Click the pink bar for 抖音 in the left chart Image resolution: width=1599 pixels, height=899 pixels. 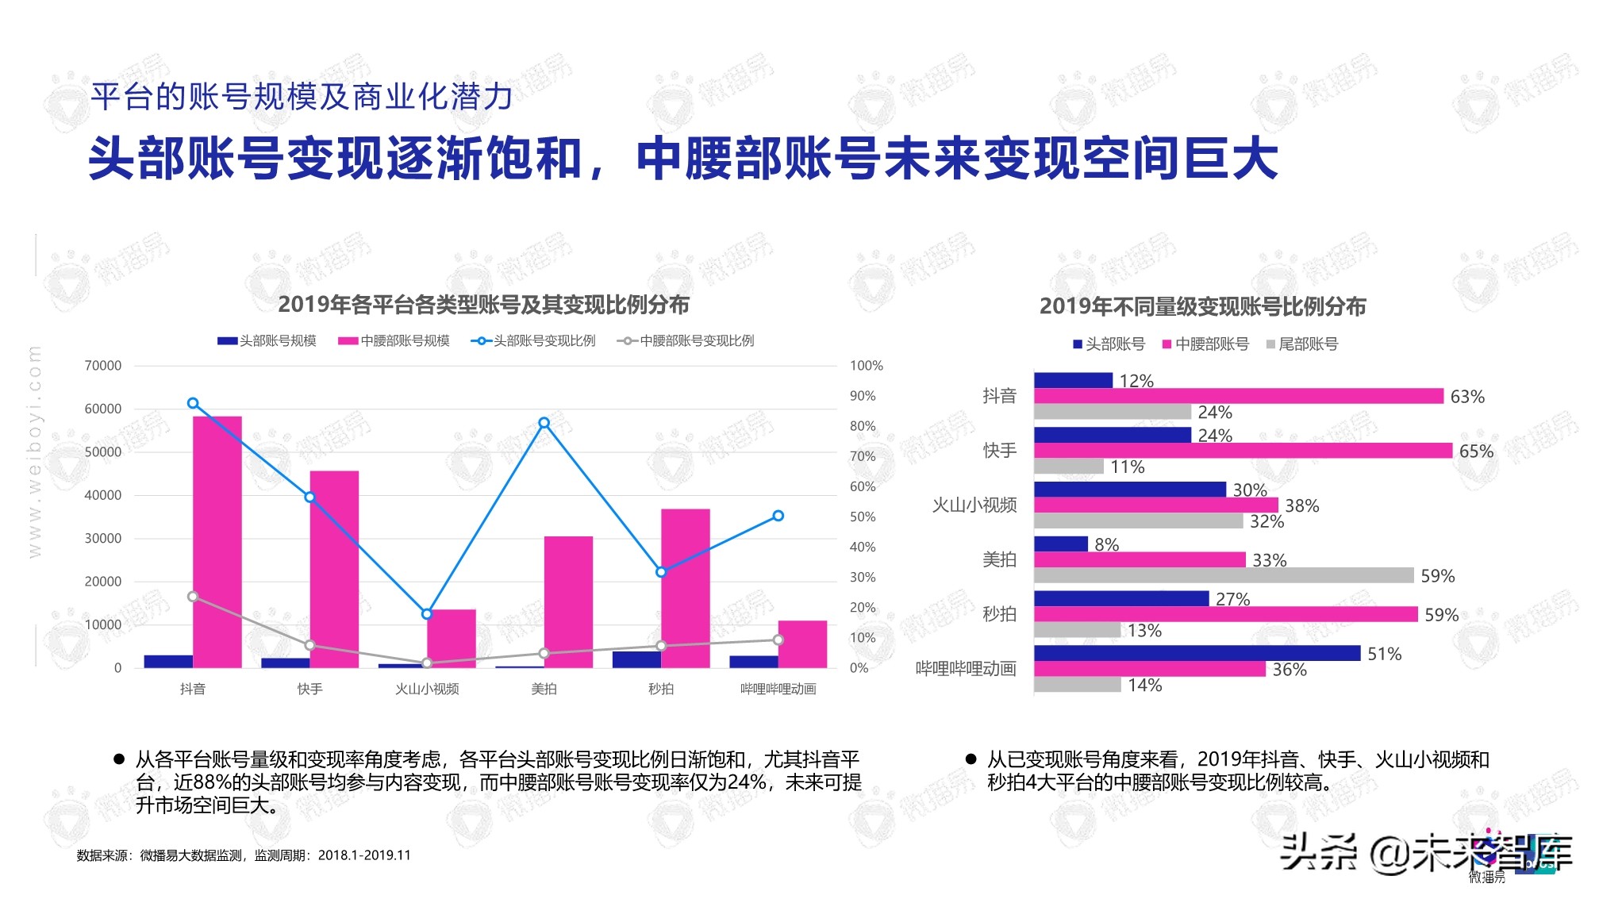pyautogui.click(x=217, y=541)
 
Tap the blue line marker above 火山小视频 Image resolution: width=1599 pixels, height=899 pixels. pyautogui.click(x=427, y=614)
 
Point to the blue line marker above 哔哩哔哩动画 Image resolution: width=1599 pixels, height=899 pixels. pyautogui.click(x=778, y=516)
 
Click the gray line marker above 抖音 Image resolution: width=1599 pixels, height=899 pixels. pyautogui.click(x=193, y=597)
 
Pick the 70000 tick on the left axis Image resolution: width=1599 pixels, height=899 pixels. pyautogui.click(x=103, y=366)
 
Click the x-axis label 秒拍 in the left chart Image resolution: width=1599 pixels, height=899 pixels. pyautogui.click(x=661, y=689)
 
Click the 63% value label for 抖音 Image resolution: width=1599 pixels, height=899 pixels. pyautogui.click(x=1467, y=397)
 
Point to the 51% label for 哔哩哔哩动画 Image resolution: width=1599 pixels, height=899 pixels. pyautogui.click(x=1385, y=654)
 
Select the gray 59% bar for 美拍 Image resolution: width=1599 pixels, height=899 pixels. pyautogui.click(x=1224, y=575)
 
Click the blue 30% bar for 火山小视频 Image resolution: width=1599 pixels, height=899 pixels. pyautogui.click(x=1129, y=490)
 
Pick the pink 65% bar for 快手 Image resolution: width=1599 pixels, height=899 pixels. pyautogui.click(x=1243, y=451)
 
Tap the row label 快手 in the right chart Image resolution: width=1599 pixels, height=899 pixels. pyautogui.click(x=1000, y=451)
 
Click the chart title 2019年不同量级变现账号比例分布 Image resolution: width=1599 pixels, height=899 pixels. pyautogui.click(x=1202, y=307)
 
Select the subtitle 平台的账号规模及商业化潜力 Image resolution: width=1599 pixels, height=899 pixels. pyautogui.click(x=302, y=97)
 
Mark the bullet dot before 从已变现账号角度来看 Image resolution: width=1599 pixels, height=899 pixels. pyautogui.click(x=971, y=759)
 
